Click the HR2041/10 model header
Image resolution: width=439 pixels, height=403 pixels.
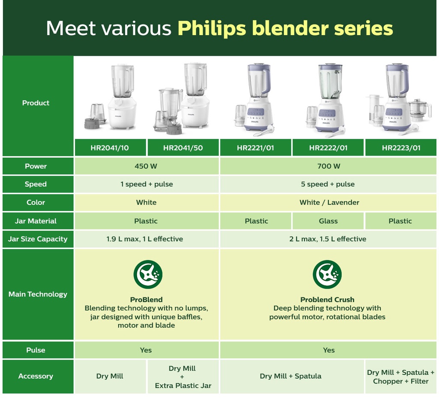[x=110, y=147]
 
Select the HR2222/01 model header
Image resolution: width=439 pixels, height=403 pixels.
[x=328, y=147]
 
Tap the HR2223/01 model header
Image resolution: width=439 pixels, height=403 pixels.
[x=401, y=147]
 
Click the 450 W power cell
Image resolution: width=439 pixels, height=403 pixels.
[x=147, y=166]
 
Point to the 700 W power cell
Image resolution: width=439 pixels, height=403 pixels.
[x=328, y=166]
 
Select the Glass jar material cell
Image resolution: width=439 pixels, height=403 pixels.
[x=328, y=221]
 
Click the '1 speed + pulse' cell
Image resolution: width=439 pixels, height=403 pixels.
[x=147, y=184]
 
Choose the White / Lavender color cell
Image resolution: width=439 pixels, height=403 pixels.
[x=328, y=202]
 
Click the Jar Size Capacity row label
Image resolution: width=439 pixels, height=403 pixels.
[x=38, y=239]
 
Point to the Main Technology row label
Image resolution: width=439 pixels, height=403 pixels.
[x=38, y=294]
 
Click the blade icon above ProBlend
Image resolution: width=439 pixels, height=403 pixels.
[x=148, y=274]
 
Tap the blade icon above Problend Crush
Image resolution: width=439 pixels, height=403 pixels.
[x=327, y=274]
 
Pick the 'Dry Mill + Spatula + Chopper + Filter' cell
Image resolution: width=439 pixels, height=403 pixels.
[x=401, y=377]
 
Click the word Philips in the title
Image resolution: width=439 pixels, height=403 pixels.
[x=212, y=28]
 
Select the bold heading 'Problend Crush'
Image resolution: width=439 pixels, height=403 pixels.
[x=327, y=299]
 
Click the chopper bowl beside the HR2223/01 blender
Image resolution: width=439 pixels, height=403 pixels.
[x=419, y=110]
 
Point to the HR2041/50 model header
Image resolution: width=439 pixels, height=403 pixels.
[x=183, y=147]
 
